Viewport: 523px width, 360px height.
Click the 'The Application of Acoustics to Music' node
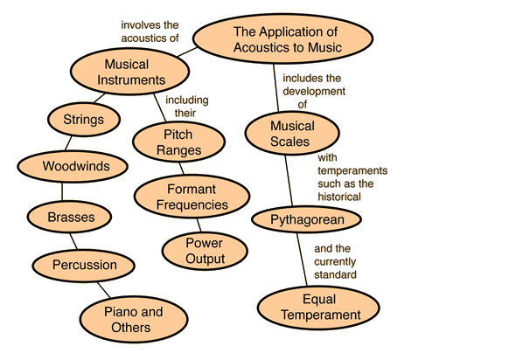[282, 38]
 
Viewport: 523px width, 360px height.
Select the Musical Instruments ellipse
[130, 72]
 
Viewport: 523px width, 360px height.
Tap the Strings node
[84, 120]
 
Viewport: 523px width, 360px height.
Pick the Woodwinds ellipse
[73, 166]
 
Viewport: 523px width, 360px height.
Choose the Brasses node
[69, 217]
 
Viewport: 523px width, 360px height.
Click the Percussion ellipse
[84, 266]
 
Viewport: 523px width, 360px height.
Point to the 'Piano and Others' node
[134, 319]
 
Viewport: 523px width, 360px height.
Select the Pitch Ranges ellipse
[178, 142]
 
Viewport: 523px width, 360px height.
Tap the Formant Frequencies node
[192, 197]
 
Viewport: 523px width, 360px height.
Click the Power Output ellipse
[205, 251]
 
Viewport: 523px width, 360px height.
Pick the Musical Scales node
[292, 134]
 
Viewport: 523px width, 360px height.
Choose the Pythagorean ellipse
[306, 219]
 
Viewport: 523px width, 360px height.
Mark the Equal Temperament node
[318, 308]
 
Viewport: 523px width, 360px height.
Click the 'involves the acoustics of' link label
[150, 31]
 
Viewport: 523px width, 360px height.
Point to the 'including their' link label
[187, 107]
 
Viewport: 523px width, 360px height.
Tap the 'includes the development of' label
[314, 91]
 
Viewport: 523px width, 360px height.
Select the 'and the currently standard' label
[335, 261]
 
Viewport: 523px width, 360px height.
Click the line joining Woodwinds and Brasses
[62, 191]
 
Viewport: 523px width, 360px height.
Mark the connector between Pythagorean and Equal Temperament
[303, 260]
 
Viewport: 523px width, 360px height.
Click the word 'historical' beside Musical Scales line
[339, 197]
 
